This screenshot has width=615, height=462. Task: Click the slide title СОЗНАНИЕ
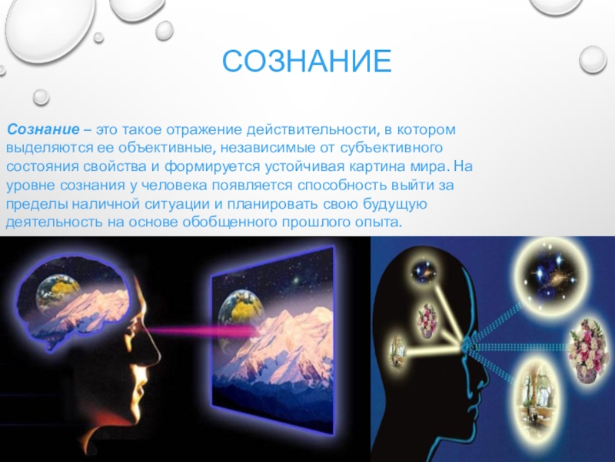coord(307,62)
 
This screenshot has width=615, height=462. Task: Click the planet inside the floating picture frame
coord(235,312)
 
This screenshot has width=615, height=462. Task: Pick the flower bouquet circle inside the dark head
coord(428,316)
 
